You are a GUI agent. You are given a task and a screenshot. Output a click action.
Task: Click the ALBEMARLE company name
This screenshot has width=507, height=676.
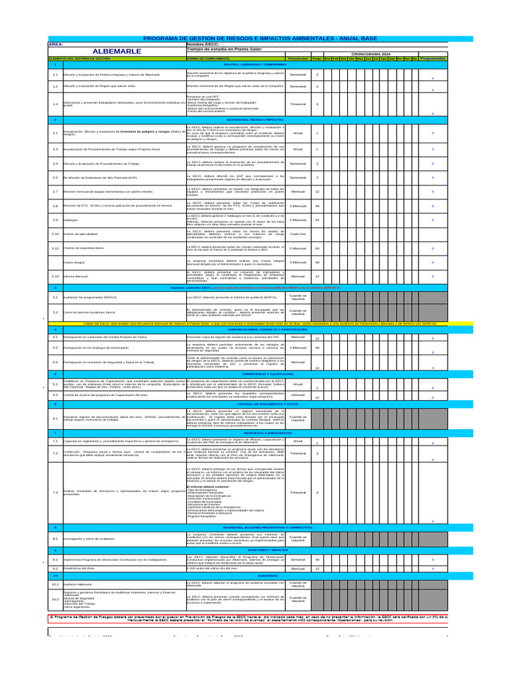[x=117, y=51]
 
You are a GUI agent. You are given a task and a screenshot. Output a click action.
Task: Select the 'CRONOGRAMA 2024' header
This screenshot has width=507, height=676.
[x=370, y=53]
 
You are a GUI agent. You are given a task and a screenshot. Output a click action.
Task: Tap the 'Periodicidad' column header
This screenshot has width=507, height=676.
[x=298, y=59]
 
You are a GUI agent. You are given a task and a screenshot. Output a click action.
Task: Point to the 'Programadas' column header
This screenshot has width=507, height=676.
[x=433, y=59]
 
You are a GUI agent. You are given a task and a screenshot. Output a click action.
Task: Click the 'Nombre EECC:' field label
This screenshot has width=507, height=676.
[x=203, y=44]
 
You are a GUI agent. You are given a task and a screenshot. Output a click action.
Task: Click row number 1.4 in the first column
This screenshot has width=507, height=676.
[x=55, y=104]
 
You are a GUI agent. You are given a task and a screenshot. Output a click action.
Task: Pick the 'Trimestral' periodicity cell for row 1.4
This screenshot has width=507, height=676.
[x=298, y=104]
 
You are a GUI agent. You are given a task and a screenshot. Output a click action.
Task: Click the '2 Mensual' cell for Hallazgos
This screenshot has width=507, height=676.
[x=298, y=220]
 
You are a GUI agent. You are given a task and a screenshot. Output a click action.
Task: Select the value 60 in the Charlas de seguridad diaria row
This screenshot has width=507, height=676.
[x=318, y=248]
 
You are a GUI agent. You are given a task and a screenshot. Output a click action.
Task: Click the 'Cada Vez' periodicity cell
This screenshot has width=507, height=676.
[x=298, y=234]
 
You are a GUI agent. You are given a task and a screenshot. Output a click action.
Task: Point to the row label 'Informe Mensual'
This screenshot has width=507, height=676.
[x=76, y=276]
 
